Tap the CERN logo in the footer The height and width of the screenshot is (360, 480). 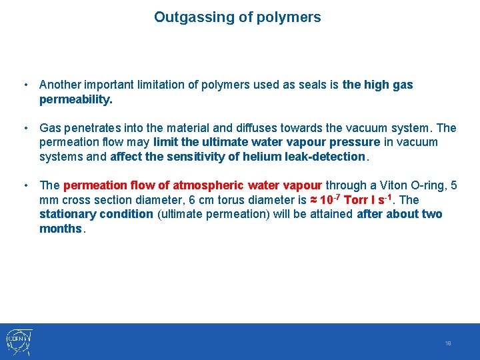[19, 342]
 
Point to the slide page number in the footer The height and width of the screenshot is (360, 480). [448, 343]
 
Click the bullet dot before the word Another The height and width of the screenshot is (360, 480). [25, 85]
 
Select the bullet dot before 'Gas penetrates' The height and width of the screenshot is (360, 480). [25, 127]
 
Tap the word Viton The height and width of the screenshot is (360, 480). [383, 185]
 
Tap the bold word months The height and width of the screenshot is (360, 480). [60, 229]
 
